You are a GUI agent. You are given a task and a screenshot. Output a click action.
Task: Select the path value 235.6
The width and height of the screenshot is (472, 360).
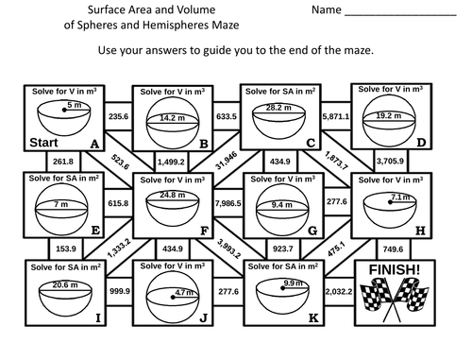[x=119, y=116]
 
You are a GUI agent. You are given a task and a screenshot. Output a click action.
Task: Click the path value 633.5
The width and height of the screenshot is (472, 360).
[x=226, y=116]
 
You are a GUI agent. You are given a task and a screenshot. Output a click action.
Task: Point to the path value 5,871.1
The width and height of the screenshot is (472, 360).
[x=335, y=116]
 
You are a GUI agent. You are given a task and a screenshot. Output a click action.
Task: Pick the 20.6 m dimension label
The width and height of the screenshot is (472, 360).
[x=63, y=284]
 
